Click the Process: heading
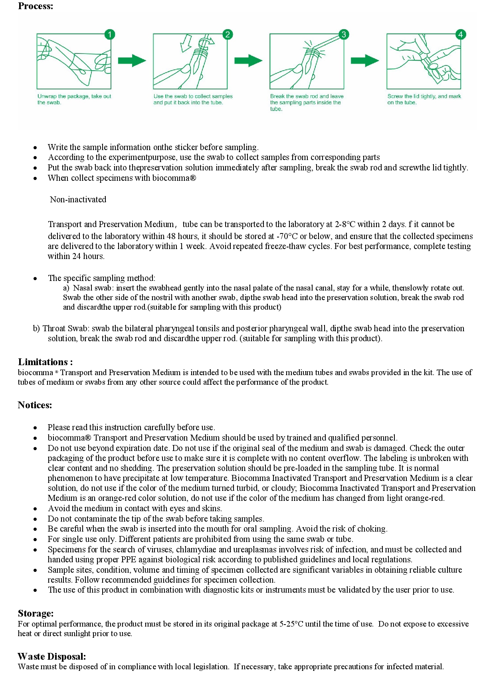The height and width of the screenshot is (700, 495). point(36,6)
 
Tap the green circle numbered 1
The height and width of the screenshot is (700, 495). point(109,34)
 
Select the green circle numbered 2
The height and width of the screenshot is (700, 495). point(227,34)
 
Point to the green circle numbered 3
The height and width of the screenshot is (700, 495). point(343,34)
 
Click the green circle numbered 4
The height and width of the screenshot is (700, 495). point(460,34)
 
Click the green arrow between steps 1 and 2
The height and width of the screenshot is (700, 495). point(132,61)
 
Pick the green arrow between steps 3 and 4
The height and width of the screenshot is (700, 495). point(365,61)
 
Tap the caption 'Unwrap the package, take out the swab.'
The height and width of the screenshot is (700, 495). point(74,99)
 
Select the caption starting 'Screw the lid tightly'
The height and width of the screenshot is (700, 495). point(424,99)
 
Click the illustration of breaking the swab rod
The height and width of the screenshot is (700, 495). point(307,62)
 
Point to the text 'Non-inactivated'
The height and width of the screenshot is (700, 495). point(78,200)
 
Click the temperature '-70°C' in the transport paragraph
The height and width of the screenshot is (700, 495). point(287,236)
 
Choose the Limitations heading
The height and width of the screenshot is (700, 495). point(45,362)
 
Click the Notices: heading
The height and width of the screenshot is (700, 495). point(35,405)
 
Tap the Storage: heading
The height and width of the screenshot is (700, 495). point(36,613)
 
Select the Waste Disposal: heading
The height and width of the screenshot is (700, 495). point(52,656)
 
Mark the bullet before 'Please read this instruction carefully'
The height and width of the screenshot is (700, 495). point(36,428)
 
